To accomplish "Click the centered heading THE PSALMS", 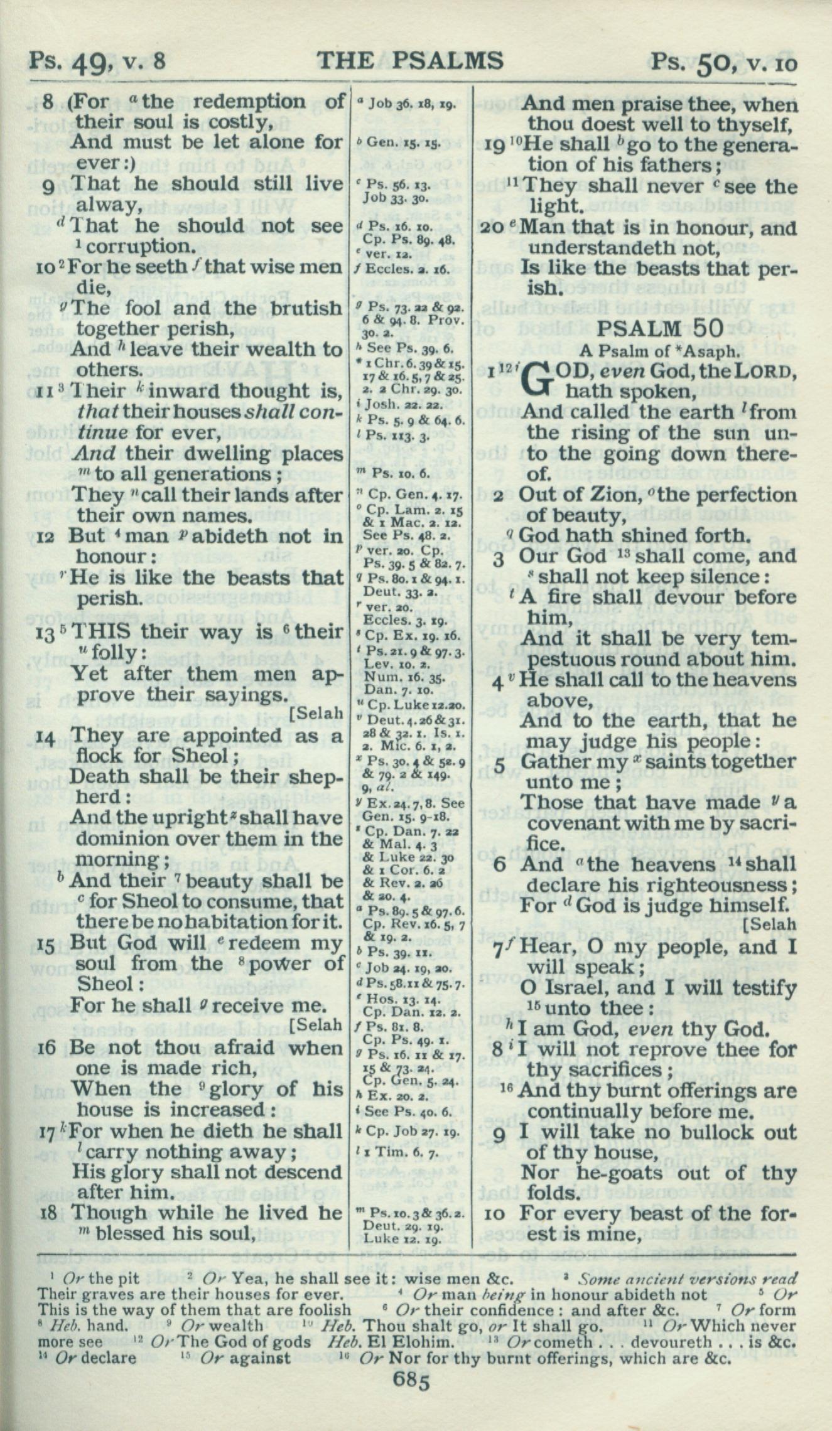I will click(410, 60).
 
